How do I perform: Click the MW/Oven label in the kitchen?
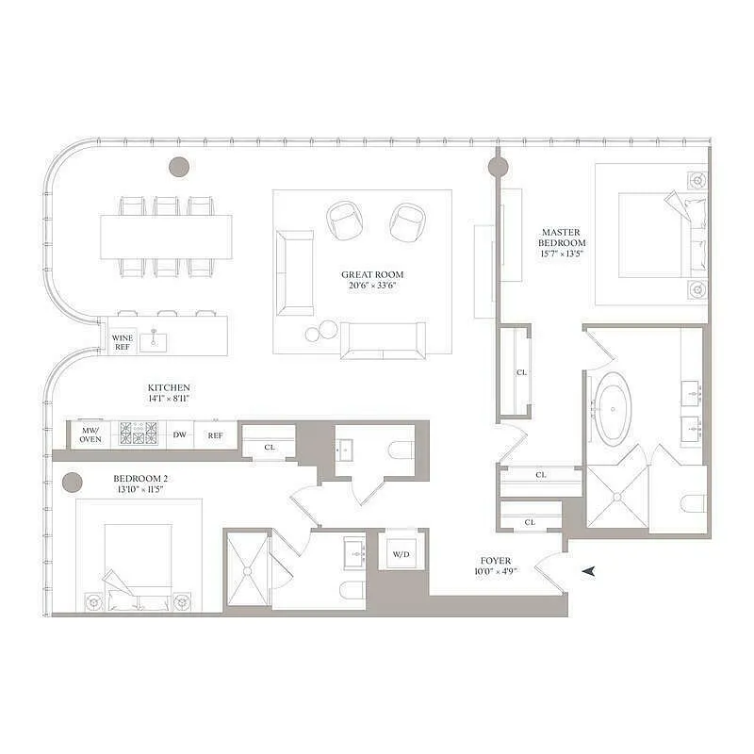pyautogui.click(x=90, y=434)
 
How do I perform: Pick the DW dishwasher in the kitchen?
pyautogui.click(x=179, y=434)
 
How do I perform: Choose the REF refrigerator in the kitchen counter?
pyautogui.click(x=216, y=434)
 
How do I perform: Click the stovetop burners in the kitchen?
pyautogui.click(x=138, y=434)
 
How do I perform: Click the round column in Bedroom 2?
pyautogui.click(x=73, y=484)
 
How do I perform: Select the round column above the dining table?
pyautogui.click(x=179, y=167)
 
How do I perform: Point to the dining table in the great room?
pyautogui.click(x=166, y=237)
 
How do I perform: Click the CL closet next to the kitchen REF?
pyautogui.click(x=268, y=447)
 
